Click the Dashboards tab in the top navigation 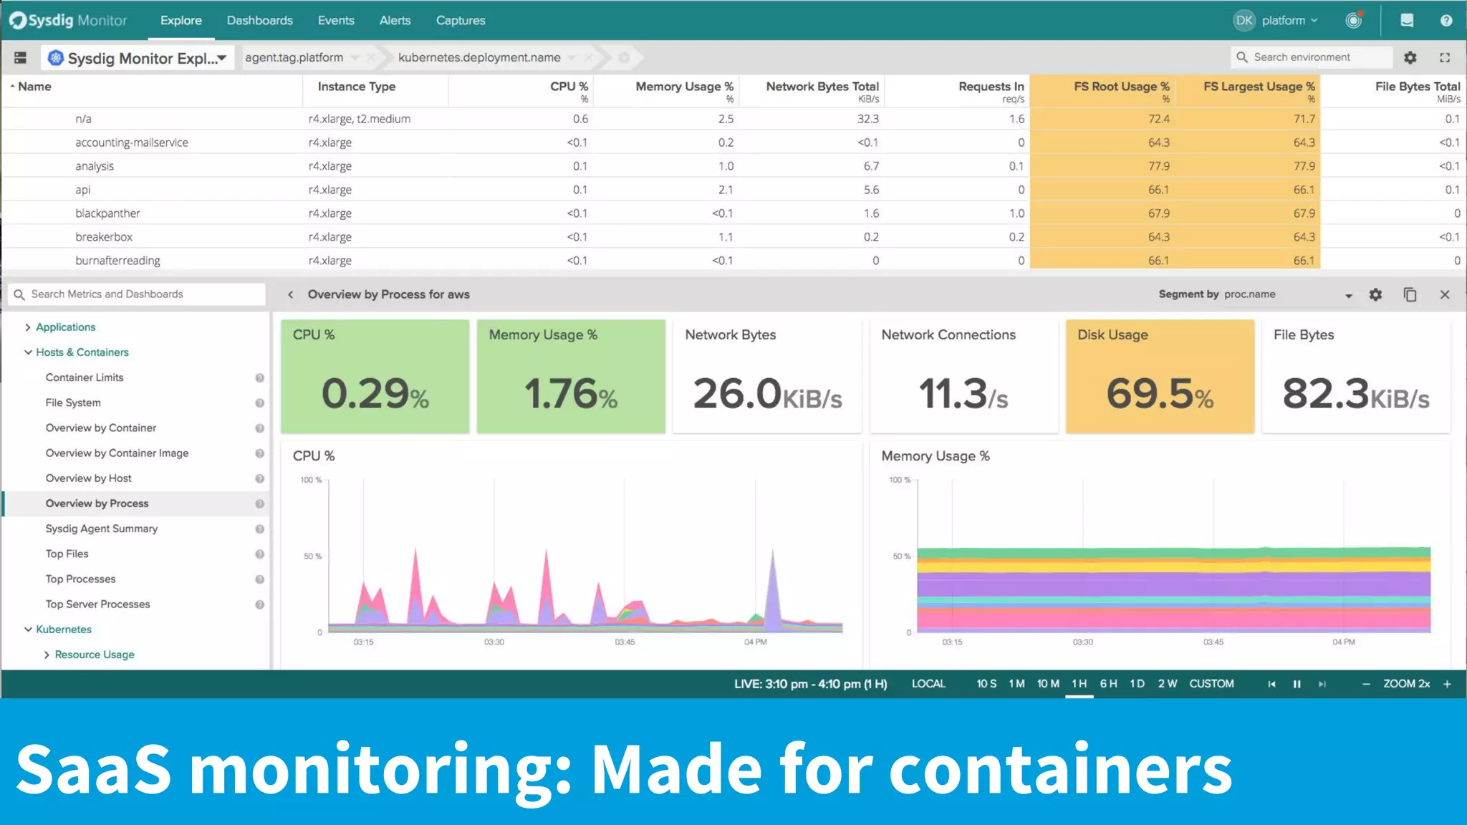pos(259,20)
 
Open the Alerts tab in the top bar pos(395,20)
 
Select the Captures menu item pos(461,20)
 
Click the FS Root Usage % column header pos(1121,87)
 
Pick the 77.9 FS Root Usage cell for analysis pos(1158,166)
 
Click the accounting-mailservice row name pos(132,143)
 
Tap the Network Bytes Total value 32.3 pos(867,119)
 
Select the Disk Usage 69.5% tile pos(1160,377)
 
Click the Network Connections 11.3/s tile pos(963,377)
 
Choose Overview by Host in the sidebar pos(89,478)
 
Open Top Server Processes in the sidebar pos(98,604)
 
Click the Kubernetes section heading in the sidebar pos(64,629)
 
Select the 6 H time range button pos(1108,684)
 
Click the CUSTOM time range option pos(1211,684)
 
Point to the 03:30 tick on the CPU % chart pos(494,642)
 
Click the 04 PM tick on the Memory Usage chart pos(1344,642)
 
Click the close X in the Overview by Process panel pos(1445,294)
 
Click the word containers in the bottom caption pos(1060,769)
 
